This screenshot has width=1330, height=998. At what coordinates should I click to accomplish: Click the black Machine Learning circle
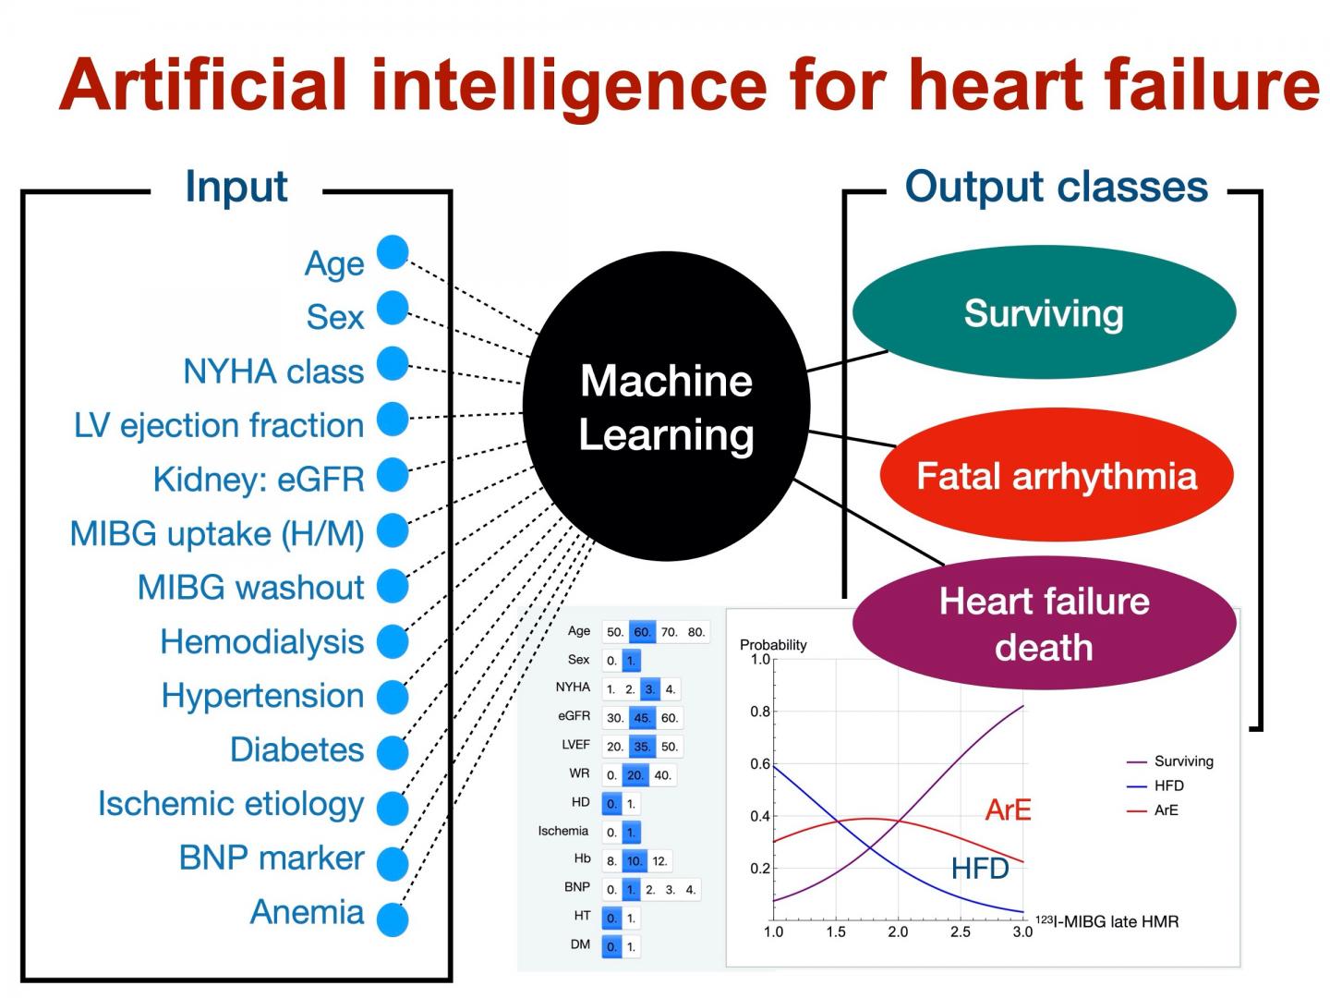click(x=666, y=407)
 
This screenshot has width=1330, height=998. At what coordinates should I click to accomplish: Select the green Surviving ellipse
click(x=1044, y=312)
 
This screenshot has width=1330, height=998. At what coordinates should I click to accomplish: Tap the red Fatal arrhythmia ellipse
click(x=1056, y=476)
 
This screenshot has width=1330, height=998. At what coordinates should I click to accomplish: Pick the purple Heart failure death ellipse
click(x=1044, y=624)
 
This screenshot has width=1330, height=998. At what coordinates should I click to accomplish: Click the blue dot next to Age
click(x=393, y=252)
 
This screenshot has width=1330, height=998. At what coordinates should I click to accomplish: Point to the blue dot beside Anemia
click(x=393, y=919)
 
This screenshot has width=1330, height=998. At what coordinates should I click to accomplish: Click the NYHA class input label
click(x=273, y=371)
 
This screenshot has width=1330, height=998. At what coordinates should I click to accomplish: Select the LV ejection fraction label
click(x=219, y=425)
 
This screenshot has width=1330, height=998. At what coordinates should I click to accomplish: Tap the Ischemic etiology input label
click(x=231, y=804)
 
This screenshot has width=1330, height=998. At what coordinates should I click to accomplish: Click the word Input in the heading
click(x=236, y=187)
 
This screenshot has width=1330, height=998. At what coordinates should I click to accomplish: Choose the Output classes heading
click(x=1056, y=187)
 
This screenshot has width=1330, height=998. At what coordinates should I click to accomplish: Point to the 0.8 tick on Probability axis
click(x=760, y=712)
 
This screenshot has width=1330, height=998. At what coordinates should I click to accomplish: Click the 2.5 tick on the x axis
click(x=961, y=931)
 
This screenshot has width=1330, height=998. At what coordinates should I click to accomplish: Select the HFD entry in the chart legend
click(x=1168, y=785)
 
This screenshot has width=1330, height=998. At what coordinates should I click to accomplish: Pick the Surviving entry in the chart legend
click(x=1183, y=761)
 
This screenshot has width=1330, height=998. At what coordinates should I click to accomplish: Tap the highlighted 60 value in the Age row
click(x=642, y=632)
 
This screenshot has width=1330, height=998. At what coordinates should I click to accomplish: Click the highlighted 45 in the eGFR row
click(x=642, y=718)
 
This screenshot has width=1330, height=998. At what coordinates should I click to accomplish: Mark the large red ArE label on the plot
click(x=1008, y=810)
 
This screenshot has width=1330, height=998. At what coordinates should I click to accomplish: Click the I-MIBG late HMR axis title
click(x=1107, y=921)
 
